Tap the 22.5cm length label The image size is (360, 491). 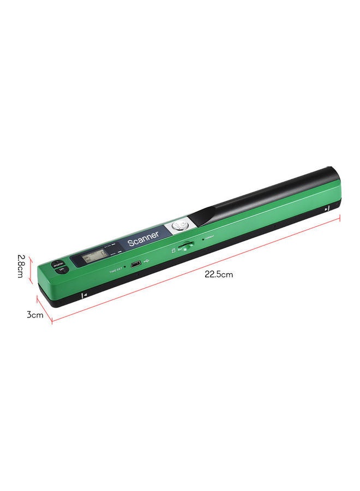tap(219, 274)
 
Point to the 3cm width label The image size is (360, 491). tap(34, 315)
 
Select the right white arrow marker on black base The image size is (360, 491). tap(326, 209)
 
